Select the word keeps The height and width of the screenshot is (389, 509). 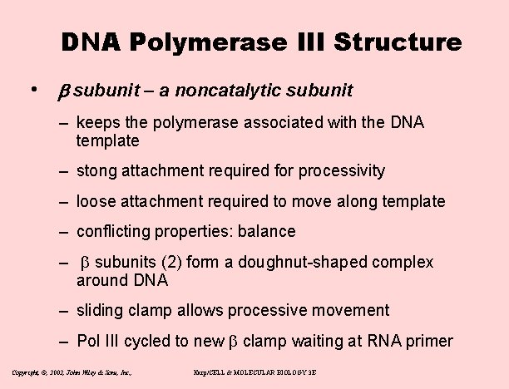pos(98,123)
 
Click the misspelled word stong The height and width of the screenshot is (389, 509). pos(96,171)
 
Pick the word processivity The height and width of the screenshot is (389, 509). pos(342,171)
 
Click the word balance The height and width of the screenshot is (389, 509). pos(265,232)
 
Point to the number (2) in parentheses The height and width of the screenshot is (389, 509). pos(171,263)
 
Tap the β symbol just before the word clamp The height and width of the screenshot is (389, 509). pos(233,342)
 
